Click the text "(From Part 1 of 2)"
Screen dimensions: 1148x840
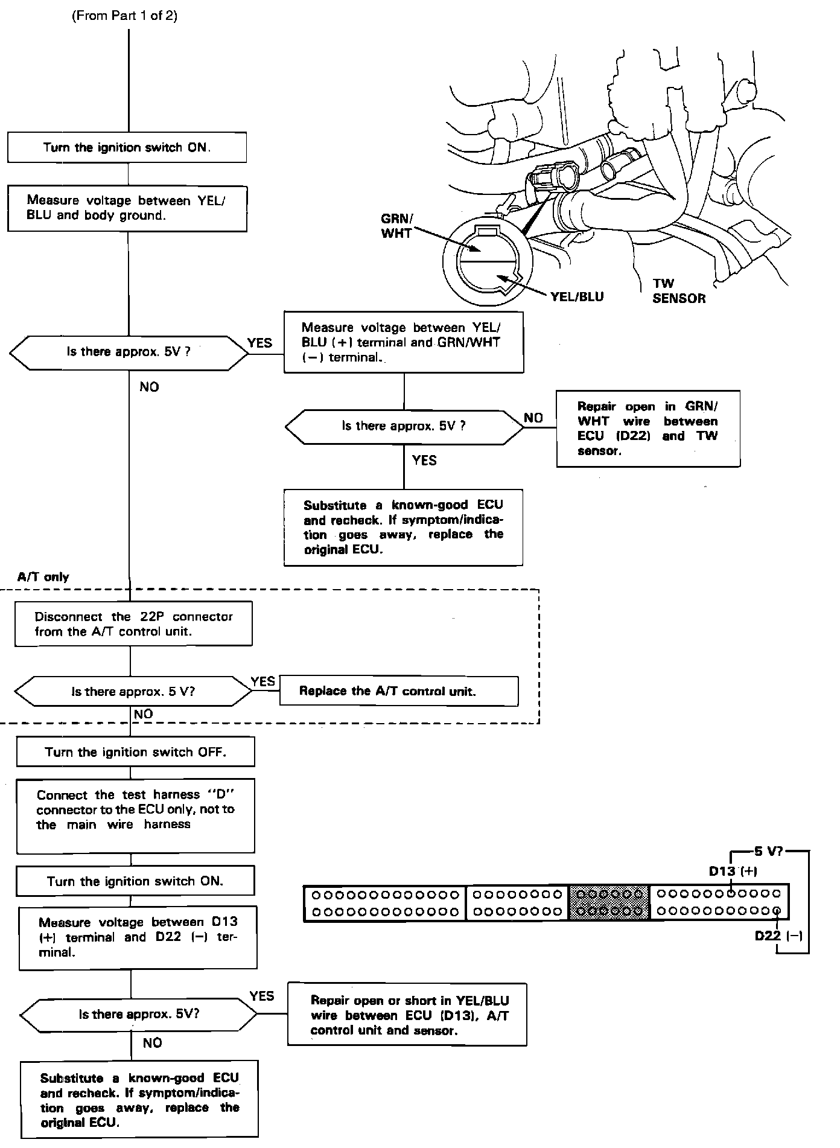point(125,16)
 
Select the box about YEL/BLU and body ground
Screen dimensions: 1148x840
point(127,208)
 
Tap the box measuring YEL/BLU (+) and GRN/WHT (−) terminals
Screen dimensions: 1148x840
point(403,342)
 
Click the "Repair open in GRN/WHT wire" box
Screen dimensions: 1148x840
point(647,429)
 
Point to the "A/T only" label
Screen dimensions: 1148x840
point(43,577)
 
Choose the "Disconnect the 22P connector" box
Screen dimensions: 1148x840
point(133,624)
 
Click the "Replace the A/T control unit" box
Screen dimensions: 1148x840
point(398,692)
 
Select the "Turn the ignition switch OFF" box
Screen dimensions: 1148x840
point(135,752)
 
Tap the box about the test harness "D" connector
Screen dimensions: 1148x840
point(135,815)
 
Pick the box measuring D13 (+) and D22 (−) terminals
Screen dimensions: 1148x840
point(138,937)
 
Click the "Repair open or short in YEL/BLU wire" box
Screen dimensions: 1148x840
point(407,1015)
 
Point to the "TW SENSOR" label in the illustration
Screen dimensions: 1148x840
point(678,291)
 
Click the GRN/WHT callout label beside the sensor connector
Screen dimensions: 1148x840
point(396,226)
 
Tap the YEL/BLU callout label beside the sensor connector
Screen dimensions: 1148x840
point(577,297)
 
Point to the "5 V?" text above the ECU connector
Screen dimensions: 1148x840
point(768,852)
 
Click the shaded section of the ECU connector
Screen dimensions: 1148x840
point(608,902)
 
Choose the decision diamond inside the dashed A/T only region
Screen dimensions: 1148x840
point(133,692)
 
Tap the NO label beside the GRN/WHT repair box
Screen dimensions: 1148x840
point(533,418)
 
